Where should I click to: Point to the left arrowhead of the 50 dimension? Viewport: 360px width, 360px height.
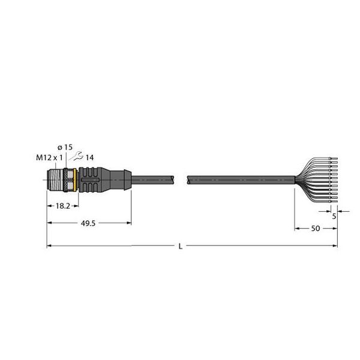click(296, 229)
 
